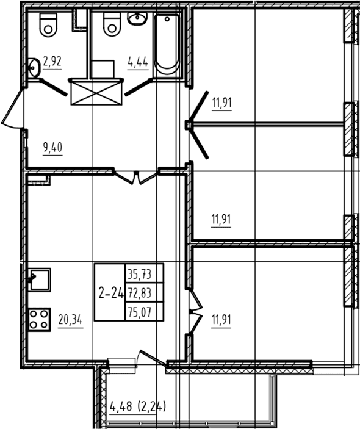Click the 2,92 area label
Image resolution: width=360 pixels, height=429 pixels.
[x=52, y=61]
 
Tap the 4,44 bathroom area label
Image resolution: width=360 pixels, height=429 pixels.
[x=138, y=62]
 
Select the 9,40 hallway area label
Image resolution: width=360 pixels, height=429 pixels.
[x=52, y=148]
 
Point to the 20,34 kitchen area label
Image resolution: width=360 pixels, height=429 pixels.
[x=70, y=320]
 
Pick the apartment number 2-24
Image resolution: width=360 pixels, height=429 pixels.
[x=111, y=294]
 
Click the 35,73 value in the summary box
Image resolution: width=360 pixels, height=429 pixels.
[x=140, y=274]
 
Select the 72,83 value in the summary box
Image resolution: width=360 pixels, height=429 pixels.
[x=140, y=293]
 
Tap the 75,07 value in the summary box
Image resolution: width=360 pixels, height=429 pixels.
[x=140, y=312]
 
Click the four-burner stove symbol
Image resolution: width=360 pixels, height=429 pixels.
[x=39, y=320]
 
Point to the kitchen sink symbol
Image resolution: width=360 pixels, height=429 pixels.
[x=39, y=279]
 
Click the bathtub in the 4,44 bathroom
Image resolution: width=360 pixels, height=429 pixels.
[x=167, y=45]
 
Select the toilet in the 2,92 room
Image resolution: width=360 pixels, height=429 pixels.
[x=48, y=24]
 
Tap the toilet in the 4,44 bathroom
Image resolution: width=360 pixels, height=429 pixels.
[x=112, y=24]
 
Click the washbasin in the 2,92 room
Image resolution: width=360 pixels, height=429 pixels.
[x=34, y=68]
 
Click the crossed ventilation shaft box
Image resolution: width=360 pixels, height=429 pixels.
[x=96, y=93]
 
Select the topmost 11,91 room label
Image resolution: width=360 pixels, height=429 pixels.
[x=222, y=103]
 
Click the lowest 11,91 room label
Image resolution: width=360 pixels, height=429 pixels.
[x=221, y=320]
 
